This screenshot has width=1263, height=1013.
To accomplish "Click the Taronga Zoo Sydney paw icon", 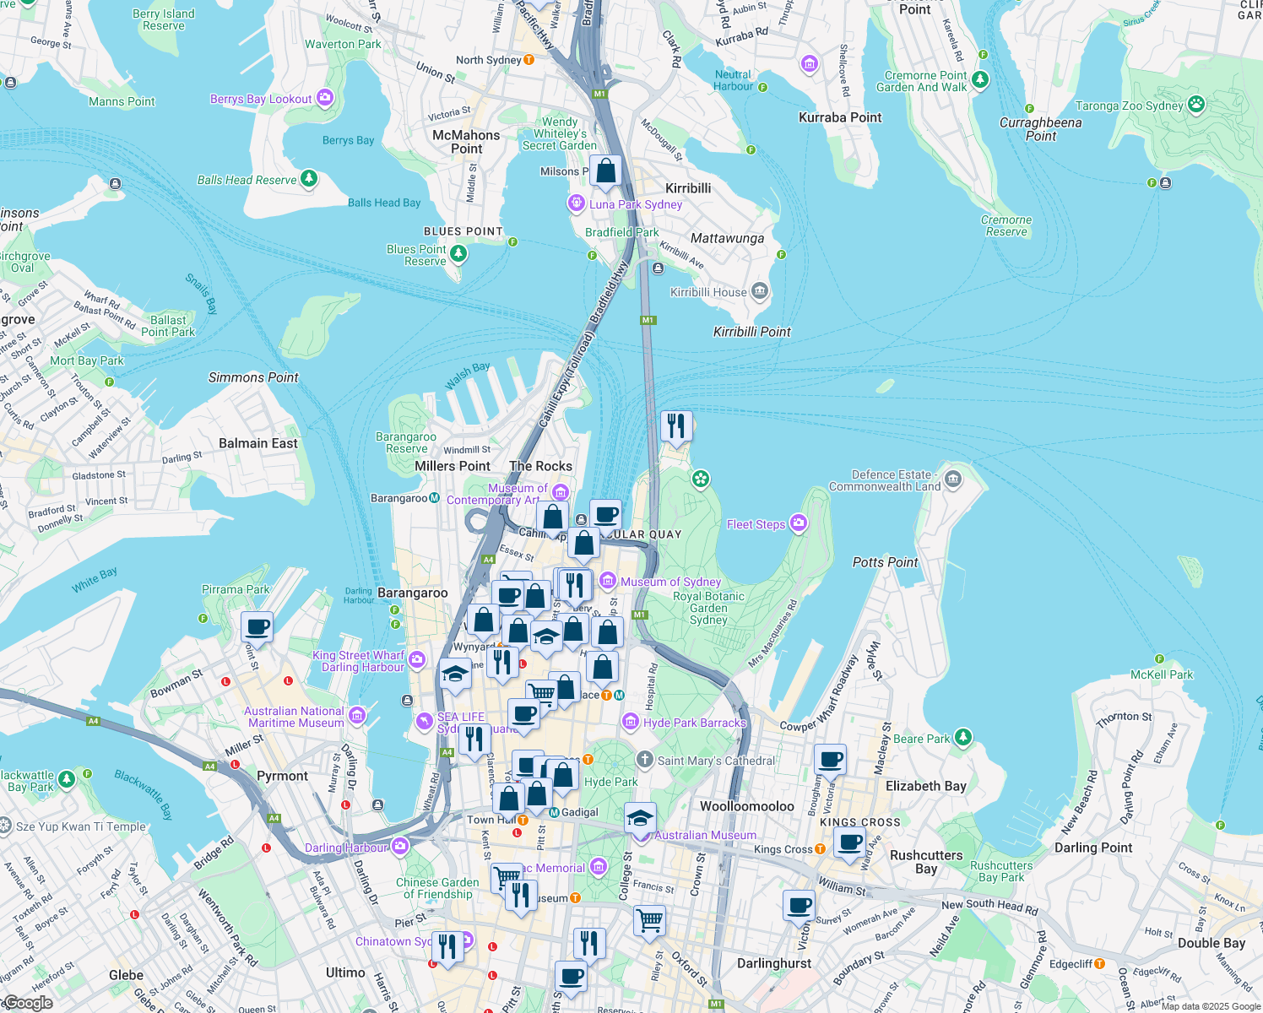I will click(x=1196, y=105).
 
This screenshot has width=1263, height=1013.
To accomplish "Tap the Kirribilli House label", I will click(x=708, y=292).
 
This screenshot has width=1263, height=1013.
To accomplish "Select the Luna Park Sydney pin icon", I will click(x=577, y=203).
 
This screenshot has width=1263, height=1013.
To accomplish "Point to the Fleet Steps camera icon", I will click(x=798, y=524).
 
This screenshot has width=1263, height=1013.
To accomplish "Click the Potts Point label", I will click(x=885, y=562).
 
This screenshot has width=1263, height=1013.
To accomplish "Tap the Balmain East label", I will click(x=258, y=443).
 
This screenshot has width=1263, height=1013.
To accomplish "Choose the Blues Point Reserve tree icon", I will click(x=458, y=252).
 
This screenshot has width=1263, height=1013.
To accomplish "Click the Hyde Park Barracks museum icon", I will click(x=630, y=722).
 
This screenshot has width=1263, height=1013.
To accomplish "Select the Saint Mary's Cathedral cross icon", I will click(x=645, y=760).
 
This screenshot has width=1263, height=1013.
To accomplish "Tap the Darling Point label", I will click(x=1093, y=848).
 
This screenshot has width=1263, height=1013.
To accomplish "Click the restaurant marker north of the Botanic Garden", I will click(x=675, y=426).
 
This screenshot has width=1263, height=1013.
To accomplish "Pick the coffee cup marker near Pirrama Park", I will click(x=257, y=628).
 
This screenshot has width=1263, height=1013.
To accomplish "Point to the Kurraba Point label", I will click(x=840, y=117).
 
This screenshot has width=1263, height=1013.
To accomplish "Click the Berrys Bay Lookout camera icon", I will click(x=325, y=98).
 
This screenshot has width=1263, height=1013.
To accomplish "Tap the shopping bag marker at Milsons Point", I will click(x=605, y=171).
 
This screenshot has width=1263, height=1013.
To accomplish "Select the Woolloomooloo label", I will click(x=747, y=806).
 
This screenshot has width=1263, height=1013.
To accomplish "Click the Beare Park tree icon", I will click(x=962, y=739).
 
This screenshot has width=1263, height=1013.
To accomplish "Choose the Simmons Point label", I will click(x=253, y=377).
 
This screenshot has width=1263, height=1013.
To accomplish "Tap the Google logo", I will click(x=28, y=1003).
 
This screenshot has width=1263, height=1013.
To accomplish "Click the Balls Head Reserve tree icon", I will click(x=309, y=179).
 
